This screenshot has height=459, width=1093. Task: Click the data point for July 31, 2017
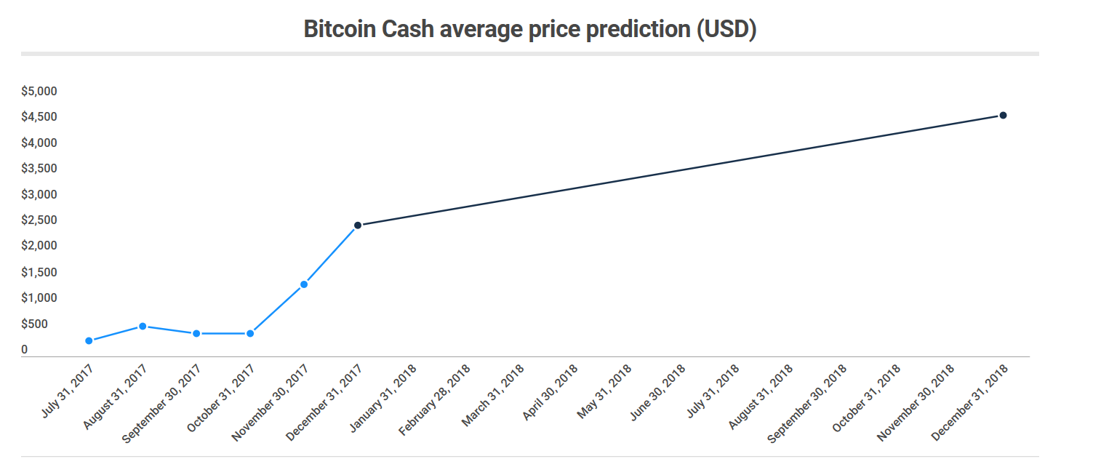pyautogui.click(x=89, y=340)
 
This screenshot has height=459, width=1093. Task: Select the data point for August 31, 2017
pyautogui.click(x=143, y=326)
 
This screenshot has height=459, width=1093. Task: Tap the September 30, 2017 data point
pyautogui.click(x=196, y=333)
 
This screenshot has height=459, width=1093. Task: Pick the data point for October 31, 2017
pyautogui.click(x=250, y=333)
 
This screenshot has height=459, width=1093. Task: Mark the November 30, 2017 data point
pyautogui.click(x=304, y=284)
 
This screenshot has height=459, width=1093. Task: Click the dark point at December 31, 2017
pyautogui.click(x=358, y=225)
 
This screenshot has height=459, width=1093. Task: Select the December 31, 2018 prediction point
pyautogui.click(x=1003, y=115)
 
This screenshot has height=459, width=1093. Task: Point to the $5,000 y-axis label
pyautogui.click(x=39, y=91)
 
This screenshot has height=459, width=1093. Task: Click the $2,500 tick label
pyautogui.click(x=39, y=220)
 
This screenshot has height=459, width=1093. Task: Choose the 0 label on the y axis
pyautogui.click(x=25, y=350)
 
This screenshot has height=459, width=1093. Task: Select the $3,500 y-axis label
pyautogui.click(x=39, y=169)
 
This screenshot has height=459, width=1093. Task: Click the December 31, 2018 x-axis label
pyautogui.click(x=972, y=401)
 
